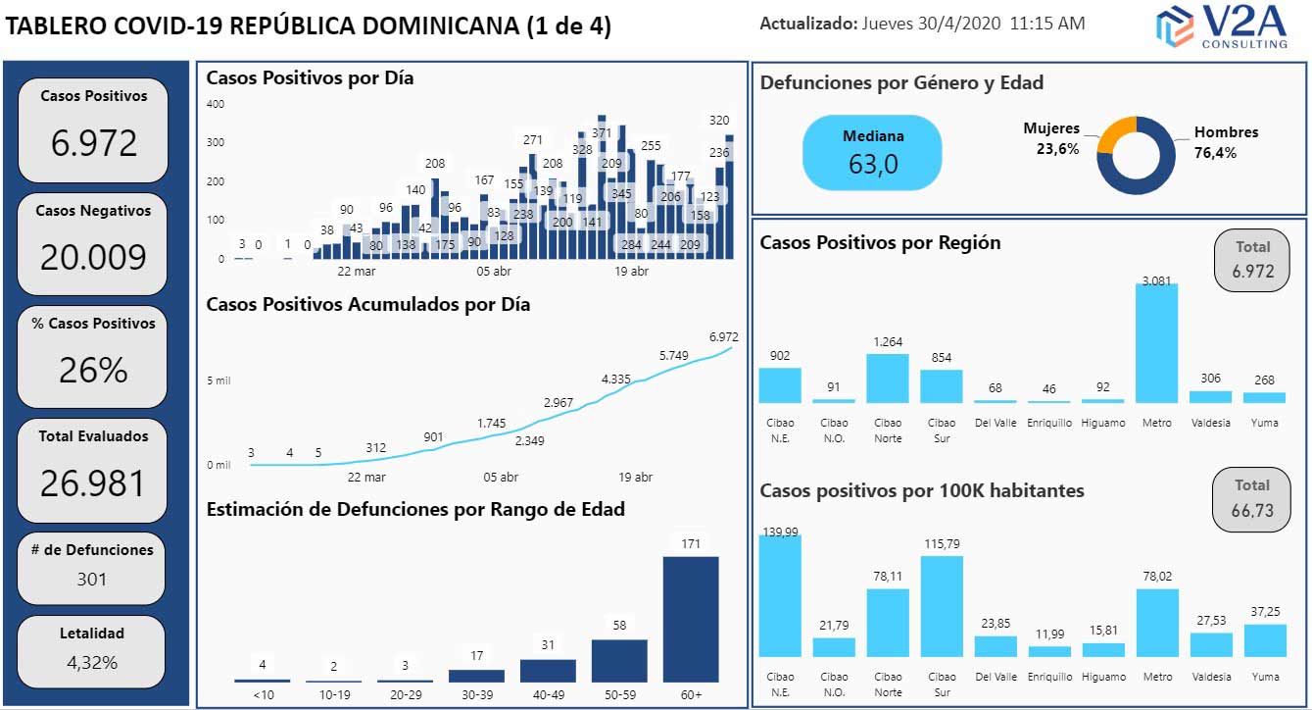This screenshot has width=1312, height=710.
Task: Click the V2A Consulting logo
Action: click(1222, 26)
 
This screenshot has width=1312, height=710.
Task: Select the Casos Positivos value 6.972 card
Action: click(93, 129)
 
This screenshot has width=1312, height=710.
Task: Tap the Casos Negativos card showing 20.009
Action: click(93, 243)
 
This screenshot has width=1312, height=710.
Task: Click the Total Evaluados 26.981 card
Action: click(93, 470)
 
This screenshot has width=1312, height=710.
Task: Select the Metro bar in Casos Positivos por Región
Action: click(1156, 343)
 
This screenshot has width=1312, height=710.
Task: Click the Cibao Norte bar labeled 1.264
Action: click(888, 378)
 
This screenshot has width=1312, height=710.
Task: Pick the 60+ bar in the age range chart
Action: click(691, 619)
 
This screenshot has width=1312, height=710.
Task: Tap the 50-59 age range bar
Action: click(619, 660)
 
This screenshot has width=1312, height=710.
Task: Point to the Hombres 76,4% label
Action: click(1225, 142)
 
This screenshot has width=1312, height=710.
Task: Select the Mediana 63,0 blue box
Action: click(872, 152)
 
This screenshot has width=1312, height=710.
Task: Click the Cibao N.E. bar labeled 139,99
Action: click(780, 595)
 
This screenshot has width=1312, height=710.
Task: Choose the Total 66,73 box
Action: click(1251, 499)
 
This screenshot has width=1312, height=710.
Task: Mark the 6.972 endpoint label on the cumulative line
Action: click(723, 337)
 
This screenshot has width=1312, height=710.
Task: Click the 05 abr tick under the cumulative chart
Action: click(501, 478)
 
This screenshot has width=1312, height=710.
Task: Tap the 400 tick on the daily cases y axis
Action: click(215, 104)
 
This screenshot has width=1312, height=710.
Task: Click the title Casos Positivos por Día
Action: click(310, 78)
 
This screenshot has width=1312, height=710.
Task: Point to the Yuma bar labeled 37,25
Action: click(1264, 639)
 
